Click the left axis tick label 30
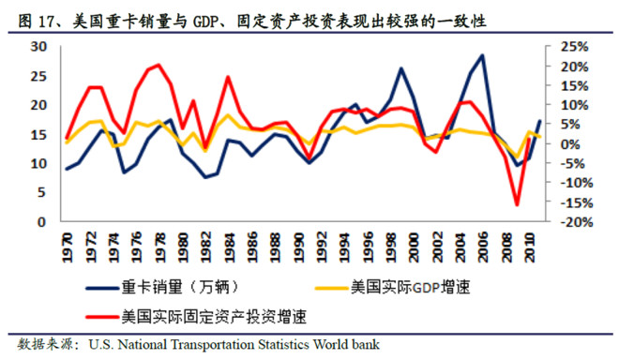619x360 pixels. click(39, 46)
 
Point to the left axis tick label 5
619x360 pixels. click(43, 193)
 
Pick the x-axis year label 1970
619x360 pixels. click(66, 247)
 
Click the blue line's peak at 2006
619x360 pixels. click(482, 54)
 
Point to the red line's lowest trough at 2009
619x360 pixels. click(516, 203)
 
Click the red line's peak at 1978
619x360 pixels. click(158, 65)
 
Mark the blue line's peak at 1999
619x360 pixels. click(401, 68)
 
